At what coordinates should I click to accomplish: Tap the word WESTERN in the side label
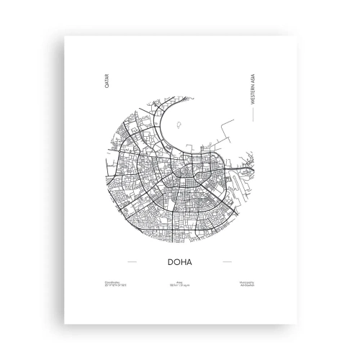[x=253, y=98]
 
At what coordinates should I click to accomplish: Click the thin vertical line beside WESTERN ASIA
[x=253, y=116]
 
